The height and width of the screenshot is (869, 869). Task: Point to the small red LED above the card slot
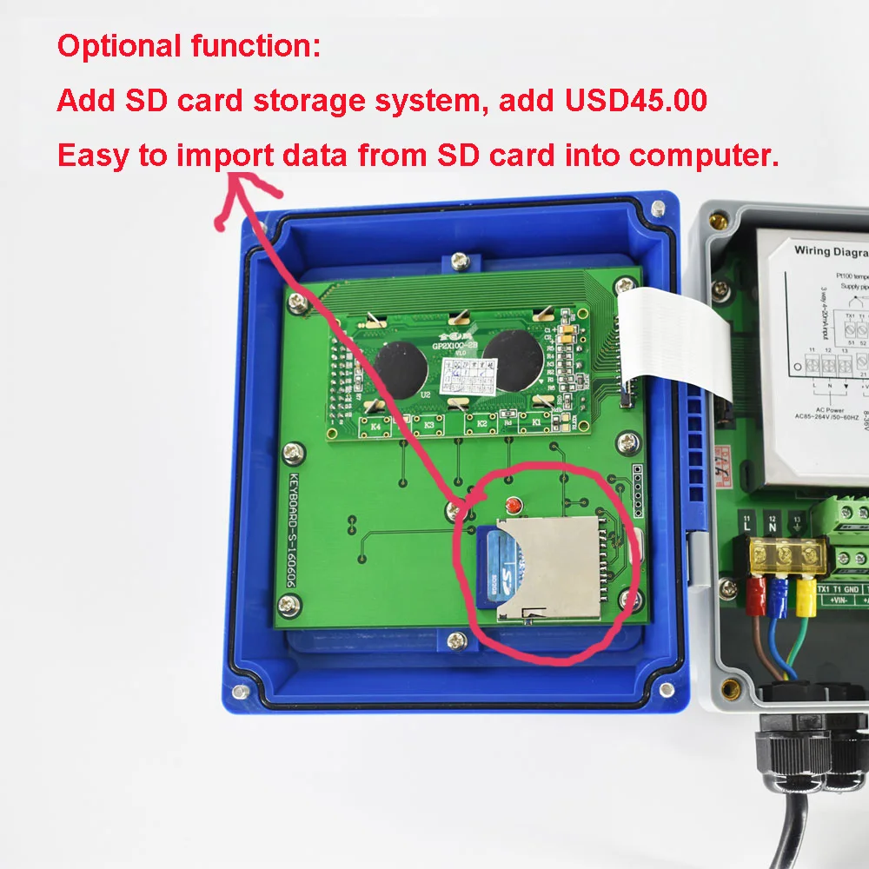[513, 505]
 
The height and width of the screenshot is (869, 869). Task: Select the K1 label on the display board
[536, 421]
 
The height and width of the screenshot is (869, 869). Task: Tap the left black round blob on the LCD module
[399, 368]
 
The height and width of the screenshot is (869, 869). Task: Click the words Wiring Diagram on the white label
[831, 251]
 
